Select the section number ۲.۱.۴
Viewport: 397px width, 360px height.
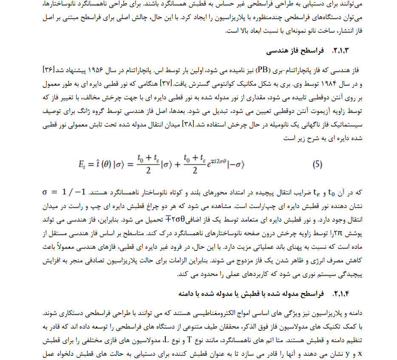pos(341,293)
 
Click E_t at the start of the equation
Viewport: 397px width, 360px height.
pos(83,164)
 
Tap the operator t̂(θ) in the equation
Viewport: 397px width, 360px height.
pos(104,164)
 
